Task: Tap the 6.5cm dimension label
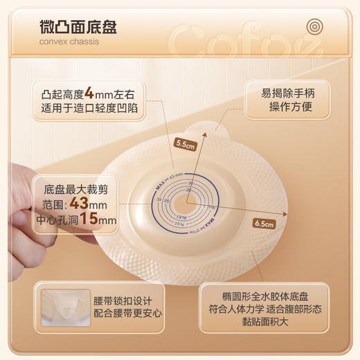pyautogui.click(x=264, y=224)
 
